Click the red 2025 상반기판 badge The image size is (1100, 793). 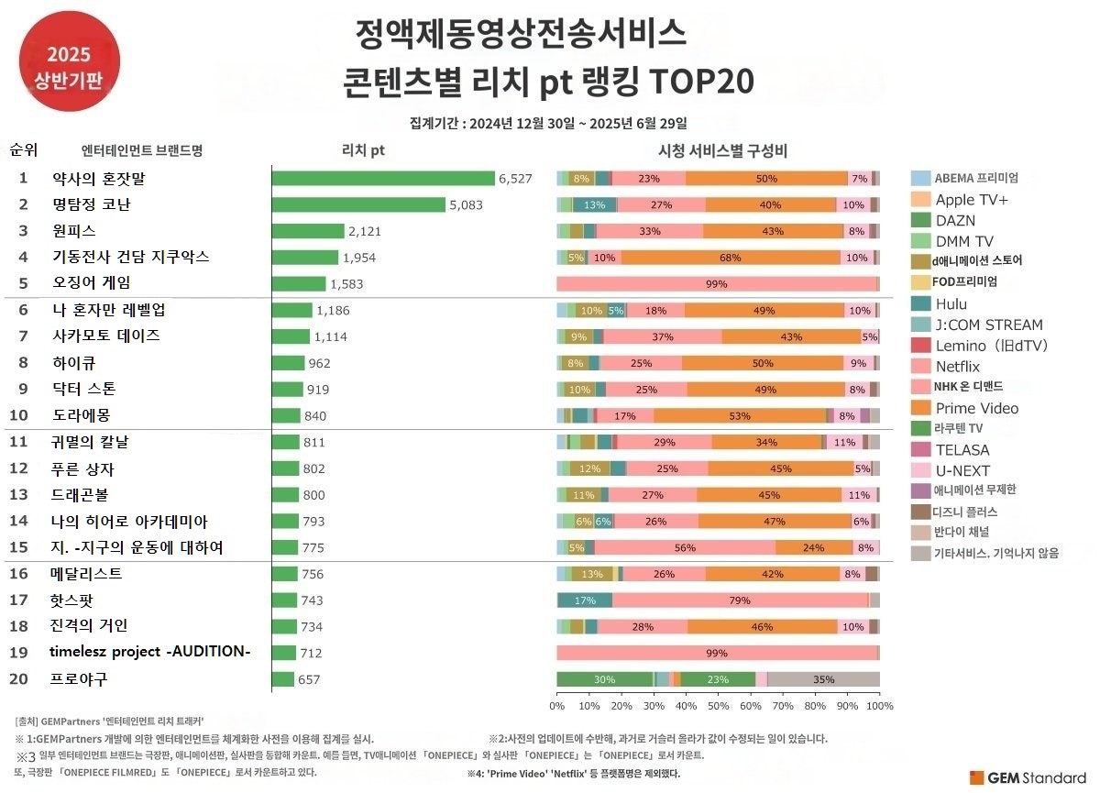point(69,57)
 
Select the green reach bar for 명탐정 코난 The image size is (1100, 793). point(358,204)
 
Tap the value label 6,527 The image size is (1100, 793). point(515,179)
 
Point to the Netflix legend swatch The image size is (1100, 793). point(921,367)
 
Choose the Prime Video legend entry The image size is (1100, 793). point(976,408)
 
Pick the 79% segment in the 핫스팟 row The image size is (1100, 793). point(740,600)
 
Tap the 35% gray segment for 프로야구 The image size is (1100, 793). point(823,679)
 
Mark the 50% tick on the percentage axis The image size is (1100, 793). point(718,706)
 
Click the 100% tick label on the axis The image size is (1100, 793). point(879,706)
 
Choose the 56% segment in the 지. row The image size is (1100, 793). point(685,548)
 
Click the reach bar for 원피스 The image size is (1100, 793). point(308,231)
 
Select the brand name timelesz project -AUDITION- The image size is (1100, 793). point(149,652)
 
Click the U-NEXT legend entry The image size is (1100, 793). point(962,470)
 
